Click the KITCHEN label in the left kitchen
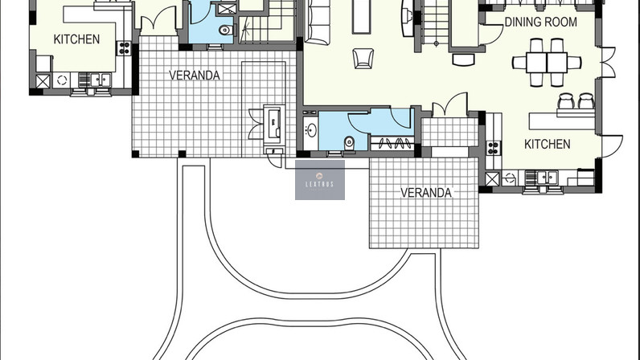[x=76, y=39]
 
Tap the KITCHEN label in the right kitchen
[x=547, y=144]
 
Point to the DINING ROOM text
[x=541, y=22]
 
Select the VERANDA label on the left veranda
[x=195, y=75]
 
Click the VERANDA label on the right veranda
[x=425, y=193]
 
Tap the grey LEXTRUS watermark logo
[x=320, y=180]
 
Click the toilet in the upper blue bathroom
[x=225, y=30]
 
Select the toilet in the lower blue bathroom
[x=350, y=143]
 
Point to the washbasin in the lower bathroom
[x=311, y=131]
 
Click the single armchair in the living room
[x=363, y=59]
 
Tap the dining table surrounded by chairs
[x=547, y=63]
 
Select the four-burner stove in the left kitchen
[x=124, y=48]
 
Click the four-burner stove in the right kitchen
[x=493, y=148]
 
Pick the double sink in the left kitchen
[x=100, y=80]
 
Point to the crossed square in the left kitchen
[x=43, y=81]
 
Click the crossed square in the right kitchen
[x=492, y=178]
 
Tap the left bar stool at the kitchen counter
[x=566, y=101]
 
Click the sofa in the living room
[x=318, y=21]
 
